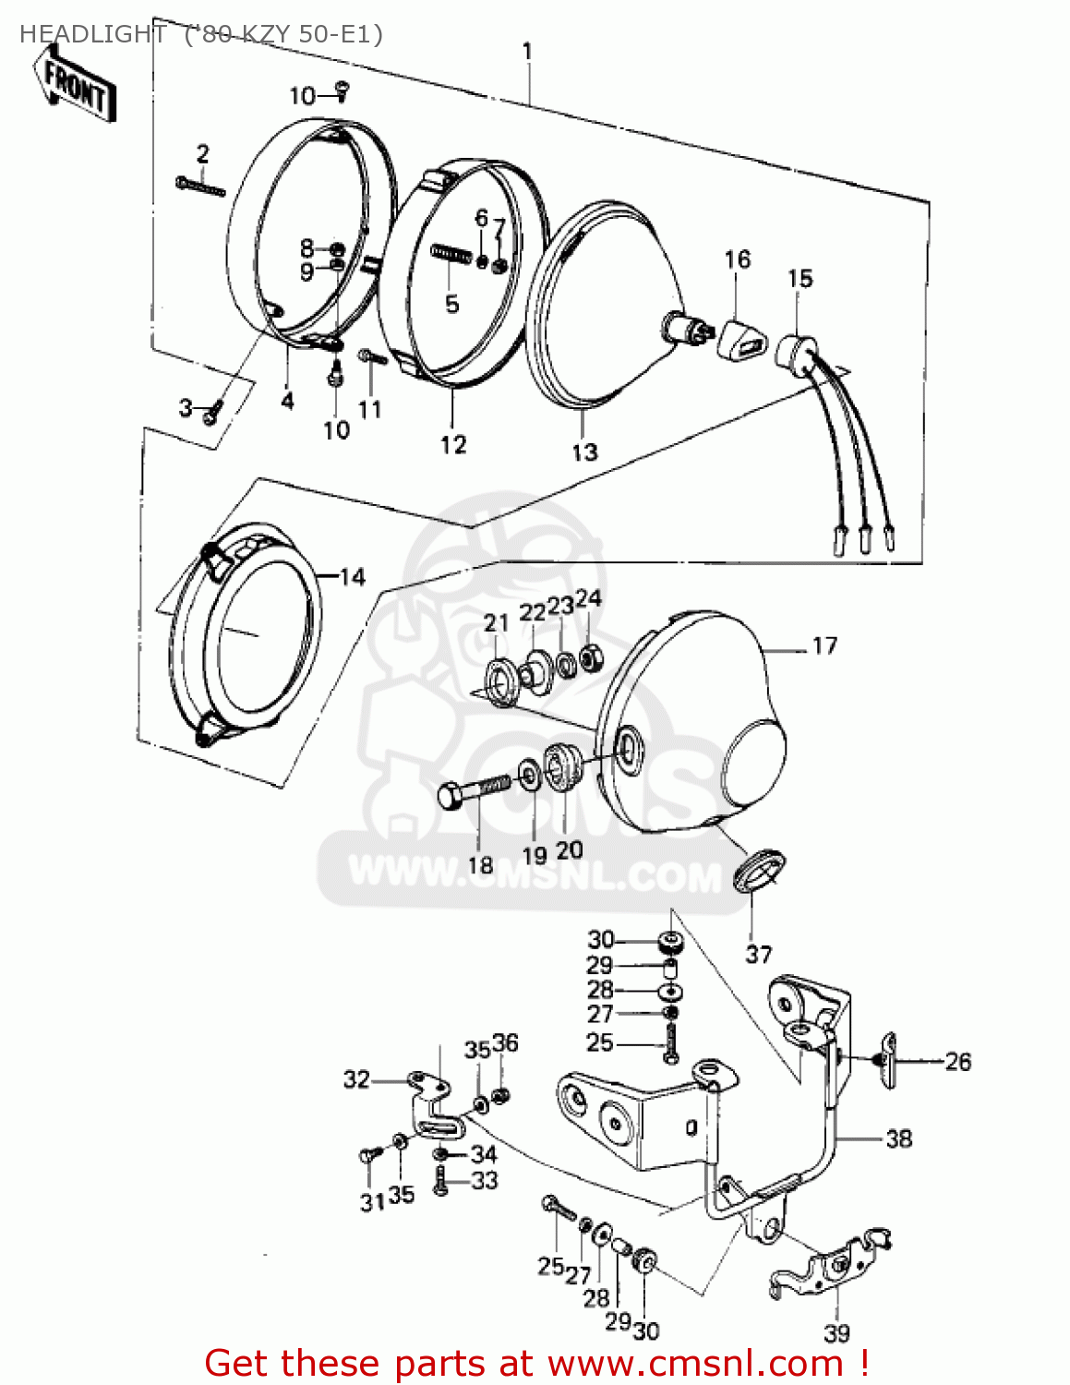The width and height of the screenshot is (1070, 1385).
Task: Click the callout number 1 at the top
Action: pyautogui.click(x=527, y=52)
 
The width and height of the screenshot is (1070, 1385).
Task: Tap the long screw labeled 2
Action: pyautogui.click(x=200, y=187)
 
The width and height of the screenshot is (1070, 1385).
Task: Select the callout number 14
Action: pyautogui.click(x=353, y=578)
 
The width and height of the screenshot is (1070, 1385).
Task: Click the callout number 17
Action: pyautogui.click(x=824, y=646)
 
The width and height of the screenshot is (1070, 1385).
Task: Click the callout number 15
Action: pyautogui.click(x=800, y=279)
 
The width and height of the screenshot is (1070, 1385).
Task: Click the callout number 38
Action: pyautogui.click(x=898, y=1139)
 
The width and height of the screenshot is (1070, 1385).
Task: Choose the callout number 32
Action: pyautogui.click(x=356, y=1079)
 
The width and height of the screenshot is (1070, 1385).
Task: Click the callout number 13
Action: pyautogui.click(x=584, y=452)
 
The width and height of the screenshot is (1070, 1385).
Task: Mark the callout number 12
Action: pyautogui.click(x=453, y=445)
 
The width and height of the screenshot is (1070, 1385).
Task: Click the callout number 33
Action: pyautogui.click(x=485, y=1180)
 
